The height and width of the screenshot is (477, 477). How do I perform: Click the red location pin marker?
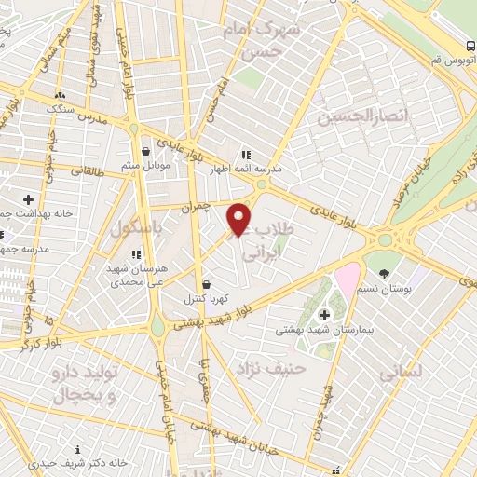[x=239, y=218]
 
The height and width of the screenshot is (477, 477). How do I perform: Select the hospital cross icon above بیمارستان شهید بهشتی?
[x=323, y=315]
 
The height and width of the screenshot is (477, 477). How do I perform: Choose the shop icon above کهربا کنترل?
[x=206, y=285]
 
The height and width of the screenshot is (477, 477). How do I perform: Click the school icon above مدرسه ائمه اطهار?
[x=245, y=155]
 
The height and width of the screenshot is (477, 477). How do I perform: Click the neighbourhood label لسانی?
[x=401, y=372]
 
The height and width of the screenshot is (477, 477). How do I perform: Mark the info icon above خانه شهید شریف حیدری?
[x=89, y=448]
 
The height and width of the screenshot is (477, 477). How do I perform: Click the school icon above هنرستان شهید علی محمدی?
[x=137, y=253]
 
